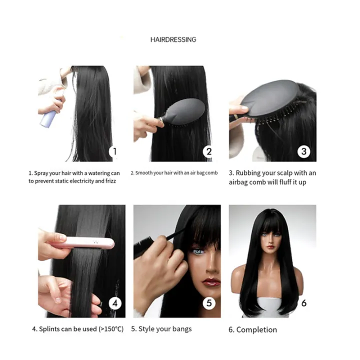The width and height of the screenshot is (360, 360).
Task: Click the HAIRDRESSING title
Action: (x=173, y=39)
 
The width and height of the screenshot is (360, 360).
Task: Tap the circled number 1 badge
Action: (x=114, y=151)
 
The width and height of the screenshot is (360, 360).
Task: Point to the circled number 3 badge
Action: (x=304, y=151)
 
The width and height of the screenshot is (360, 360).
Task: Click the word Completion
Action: (x=256, y=329)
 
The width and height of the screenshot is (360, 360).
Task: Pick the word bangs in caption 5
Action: (x=181, y=329)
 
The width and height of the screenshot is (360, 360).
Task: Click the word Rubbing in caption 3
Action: (x=250, y=173)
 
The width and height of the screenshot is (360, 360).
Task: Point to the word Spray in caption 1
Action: (x=42, y=173)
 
